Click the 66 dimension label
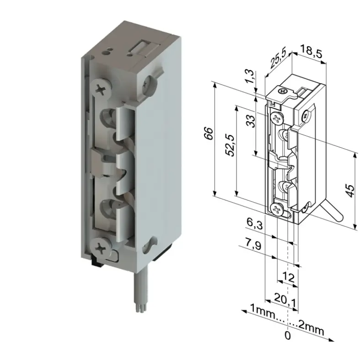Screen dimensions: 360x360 209,134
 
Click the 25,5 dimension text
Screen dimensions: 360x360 278,59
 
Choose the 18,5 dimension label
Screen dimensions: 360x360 312,51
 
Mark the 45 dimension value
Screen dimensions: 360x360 350,191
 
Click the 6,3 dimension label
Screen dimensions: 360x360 254,223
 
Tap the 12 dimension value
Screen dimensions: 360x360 288,277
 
